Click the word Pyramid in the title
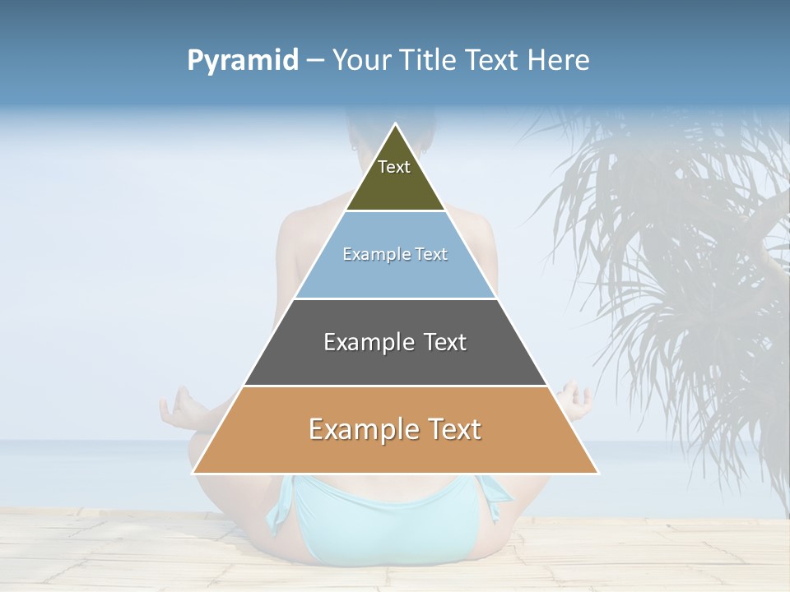click(242, 61)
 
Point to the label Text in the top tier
click(394, 167)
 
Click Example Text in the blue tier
click(395, 254)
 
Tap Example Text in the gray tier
click(395, 342)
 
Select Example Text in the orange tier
click(395, 429)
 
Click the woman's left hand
click(179, 409)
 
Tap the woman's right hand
click(576, 400)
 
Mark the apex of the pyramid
click(396, 126)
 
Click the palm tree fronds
click(683, 247)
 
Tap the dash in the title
click(315, 61)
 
